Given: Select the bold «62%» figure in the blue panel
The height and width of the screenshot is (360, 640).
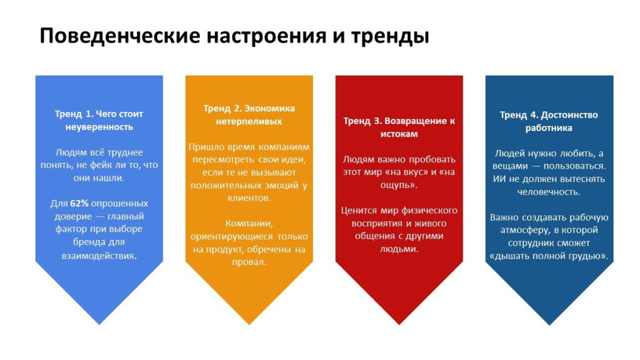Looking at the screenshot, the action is [79, 203].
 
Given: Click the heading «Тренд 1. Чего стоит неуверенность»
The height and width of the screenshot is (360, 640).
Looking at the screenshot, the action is [99, 121].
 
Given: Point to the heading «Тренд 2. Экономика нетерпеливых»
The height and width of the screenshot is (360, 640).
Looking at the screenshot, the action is [249, 115].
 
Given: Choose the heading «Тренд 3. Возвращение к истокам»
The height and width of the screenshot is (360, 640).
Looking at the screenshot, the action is [399, 127].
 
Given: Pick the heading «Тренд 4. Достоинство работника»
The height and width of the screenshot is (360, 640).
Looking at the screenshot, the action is [549, 121].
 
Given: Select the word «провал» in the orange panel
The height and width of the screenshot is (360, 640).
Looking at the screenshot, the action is [247, 262].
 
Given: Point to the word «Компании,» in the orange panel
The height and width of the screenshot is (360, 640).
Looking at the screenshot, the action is [249, 224].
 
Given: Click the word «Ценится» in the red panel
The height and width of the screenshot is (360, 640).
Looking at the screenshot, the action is [359, 211].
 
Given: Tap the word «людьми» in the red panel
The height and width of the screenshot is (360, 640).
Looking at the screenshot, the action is [398, 249].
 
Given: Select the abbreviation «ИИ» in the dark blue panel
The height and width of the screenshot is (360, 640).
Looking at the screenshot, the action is [499, 179].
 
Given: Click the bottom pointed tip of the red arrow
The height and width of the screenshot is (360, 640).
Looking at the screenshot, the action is [399, 324].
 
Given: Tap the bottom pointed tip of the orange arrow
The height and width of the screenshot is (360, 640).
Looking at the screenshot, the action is [249, 324].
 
